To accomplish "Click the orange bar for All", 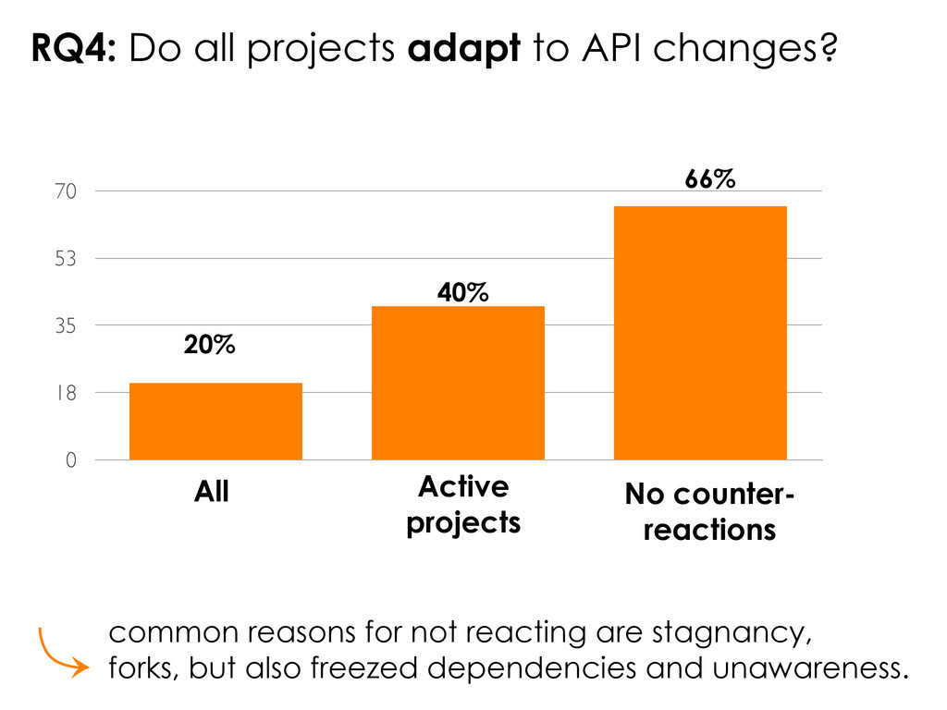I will click(x=215, y=421).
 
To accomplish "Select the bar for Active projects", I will click(x=458, y=382).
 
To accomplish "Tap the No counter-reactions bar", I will click(x=700, y=332).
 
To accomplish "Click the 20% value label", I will click(x=209, y=346).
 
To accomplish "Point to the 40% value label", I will click(x=462, y=293).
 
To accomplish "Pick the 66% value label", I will click(x=710, y=180).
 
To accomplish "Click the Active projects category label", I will click(x=463, y=505).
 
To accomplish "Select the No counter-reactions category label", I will click(x=708, y=513).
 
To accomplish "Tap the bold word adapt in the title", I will click(x=464, y=51).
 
